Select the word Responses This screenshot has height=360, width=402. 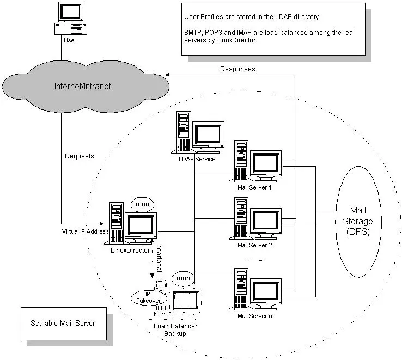tap(237, 69)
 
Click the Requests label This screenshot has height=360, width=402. tap(80, 156)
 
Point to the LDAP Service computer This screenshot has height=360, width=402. tap(199, 133)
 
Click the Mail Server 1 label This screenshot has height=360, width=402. tap(254, 188)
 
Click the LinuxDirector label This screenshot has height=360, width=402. tap(131, 250)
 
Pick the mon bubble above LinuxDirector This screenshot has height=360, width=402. tap(142, 205)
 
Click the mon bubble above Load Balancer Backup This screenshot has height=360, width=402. tap(184, 278)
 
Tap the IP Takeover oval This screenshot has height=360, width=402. tap(144, 296)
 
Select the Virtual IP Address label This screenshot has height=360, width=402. tap(86, 231)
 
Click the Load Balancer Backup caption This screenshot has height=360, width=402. tap(175, 330)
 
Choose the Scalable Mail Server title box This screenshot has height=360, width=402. tap(63, 323)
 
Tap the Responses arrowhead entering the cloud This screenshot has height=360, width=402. tap(168, 75)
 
